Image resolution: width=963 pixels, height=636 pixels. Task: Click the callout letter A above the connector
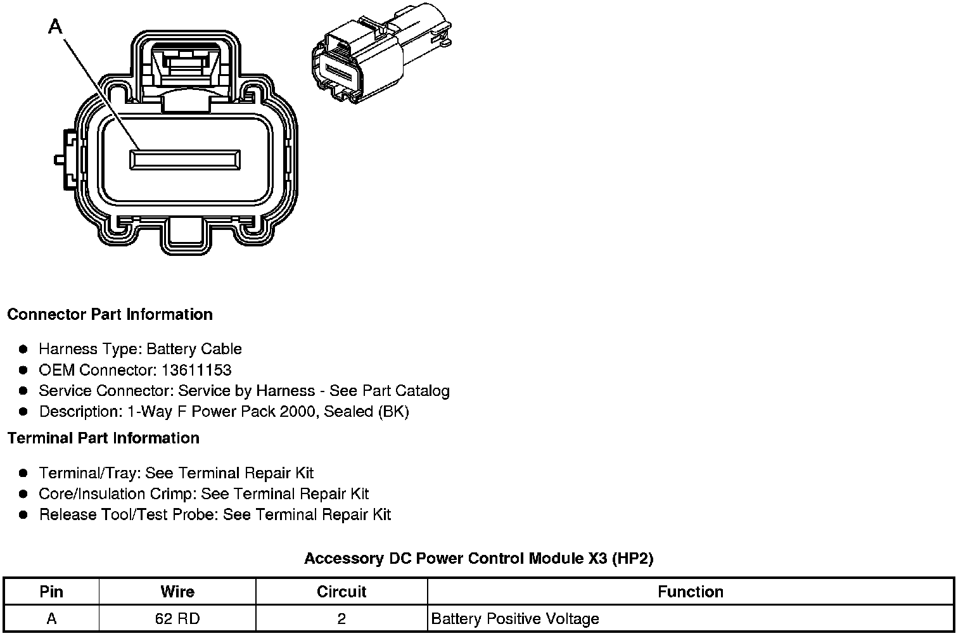[x=56, y=27]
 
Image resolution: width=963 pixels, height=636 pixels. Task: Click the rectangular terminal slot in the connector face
[x=185, y=160]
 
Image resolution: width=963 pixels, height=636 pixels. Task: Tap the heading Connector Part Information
[x=110, y=315]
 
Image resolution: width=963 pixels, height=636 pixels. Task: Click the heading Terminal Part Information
[x=103, y=438]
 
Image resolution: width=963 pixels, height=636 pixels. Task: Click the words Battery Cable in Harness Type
[x=194, y=349]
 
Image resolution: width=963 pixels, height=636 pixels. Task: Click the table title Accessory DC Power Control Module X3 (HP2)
[x=478, y=559]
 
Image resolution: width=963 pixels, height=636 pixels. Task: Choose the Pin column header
[x=51, y=592]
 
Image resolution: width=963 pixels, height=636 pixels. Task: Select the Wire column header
[x=177, y=592]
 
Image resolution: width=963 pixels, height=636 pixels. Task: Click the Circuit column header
[x=341, y=592]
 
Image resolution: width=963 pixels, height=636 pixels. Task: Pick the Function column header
[x=691, y=592]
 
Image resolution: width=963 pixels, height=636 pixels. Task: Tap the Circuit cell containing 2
[x=341, y=619]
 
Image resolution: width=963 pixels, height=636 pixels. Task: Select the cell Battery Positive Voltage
[x=514, y=619]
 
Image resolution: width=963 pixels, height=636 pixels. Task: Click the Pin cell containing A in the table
[x=51, y=619]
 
